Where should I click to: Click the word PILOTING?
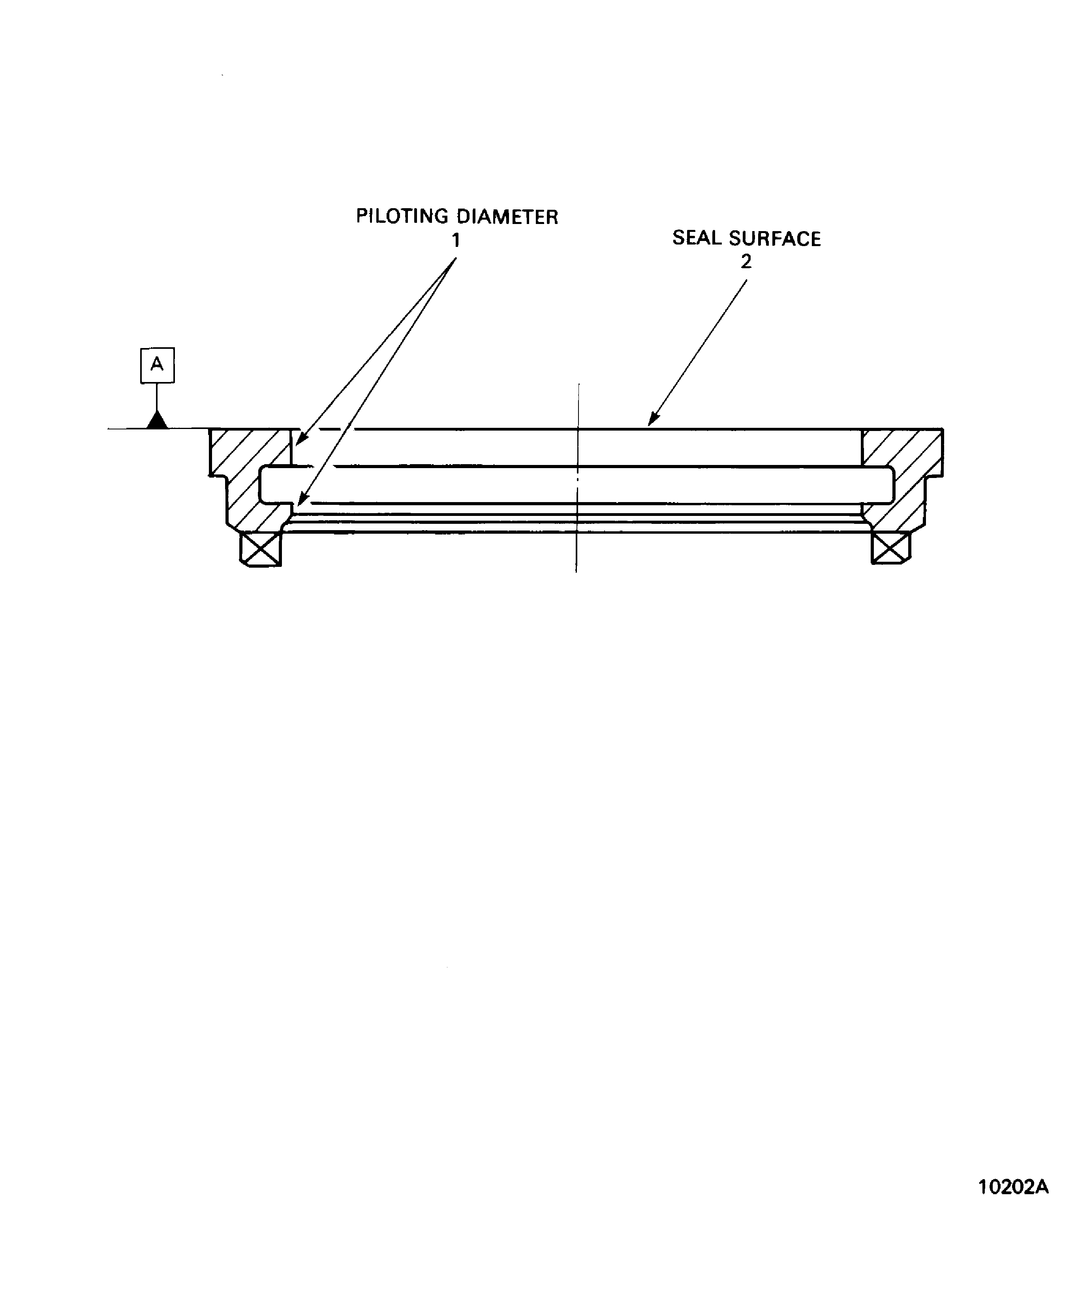(402, 216)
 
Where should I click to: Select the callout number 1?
(456, 241)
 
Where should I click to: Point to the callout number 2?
(746, 262)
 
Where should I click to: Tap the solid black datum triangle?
(157, 421)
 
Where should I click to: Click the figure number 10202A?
(1013, 1204)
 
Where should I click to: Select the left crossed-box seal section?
(261, 549)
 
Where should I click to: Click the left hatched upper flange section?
(248, 451)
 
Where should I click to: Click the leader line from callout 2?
(699, 350)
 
